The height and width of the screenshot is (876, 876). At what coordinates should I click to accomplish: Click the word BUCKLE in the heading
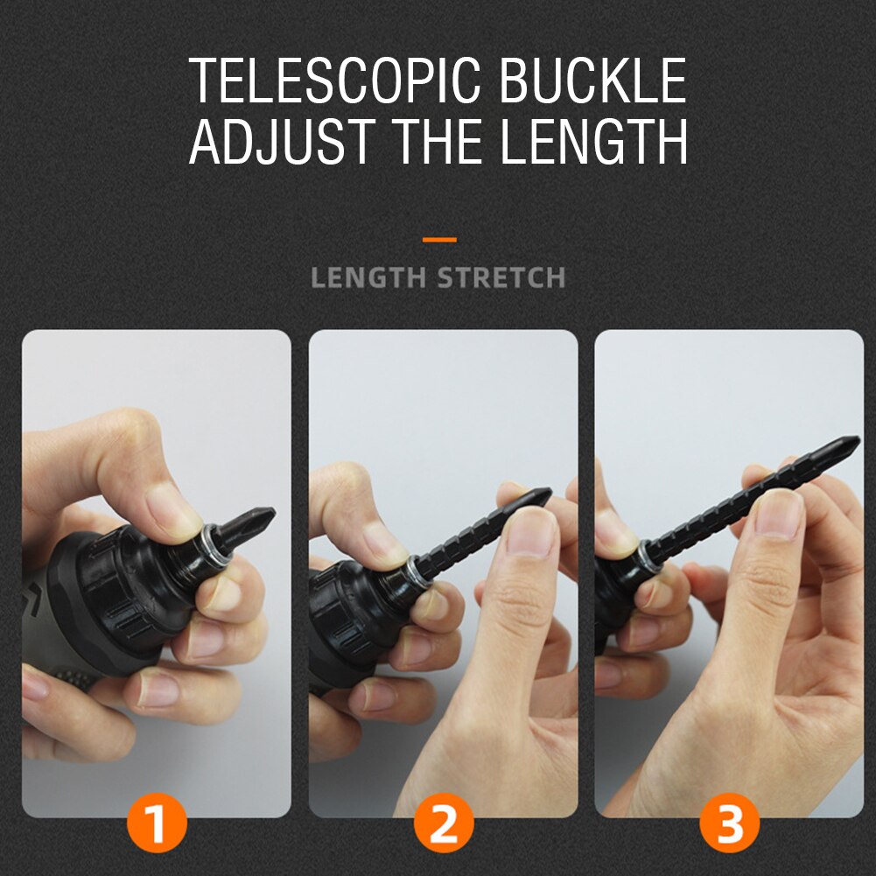pos(593,81)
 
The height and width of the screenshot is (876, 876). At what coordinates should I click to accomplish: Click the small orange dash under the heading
pos(438,239)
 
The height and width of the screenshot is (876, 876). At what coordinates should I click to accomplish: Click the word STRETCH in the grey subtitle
pos(501,278)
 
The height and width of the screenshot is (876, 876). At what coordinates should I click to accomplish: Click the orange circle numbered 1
pos(157,823)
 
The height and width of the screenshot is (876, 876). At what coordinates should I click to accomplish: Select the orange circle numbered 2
pos(444,823)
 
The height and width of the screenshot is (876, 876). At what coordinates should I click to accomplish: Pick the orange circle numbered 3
pos(730,823)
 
